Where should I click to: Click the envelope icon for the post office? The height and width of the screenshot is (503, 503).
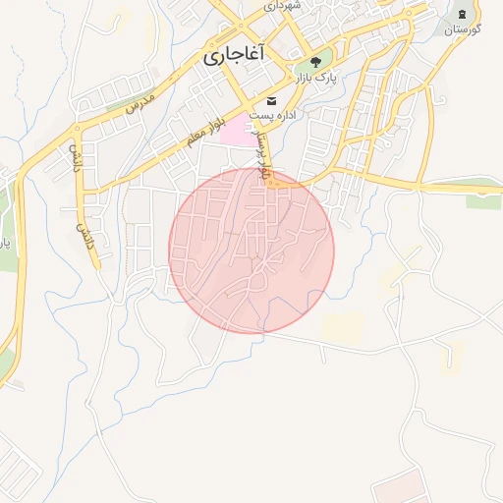pos(271,102)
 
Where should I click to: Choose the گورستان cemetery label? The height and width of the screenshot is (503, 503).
pos(462,29)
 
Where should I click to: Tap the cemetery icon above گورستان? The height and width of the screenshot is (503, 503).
pos(463,13)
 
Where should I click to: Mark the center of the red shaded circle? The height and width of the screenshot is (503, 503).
pos(251,251)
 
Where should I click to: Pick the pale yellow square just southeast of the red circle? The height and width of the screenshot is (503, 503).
pos(342,328)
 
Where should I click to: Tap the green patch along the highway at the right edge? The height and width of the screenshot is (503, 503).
pos(482,201)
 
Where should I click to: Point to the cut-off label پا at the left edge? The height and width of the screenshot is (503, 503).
pos(4,240)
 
